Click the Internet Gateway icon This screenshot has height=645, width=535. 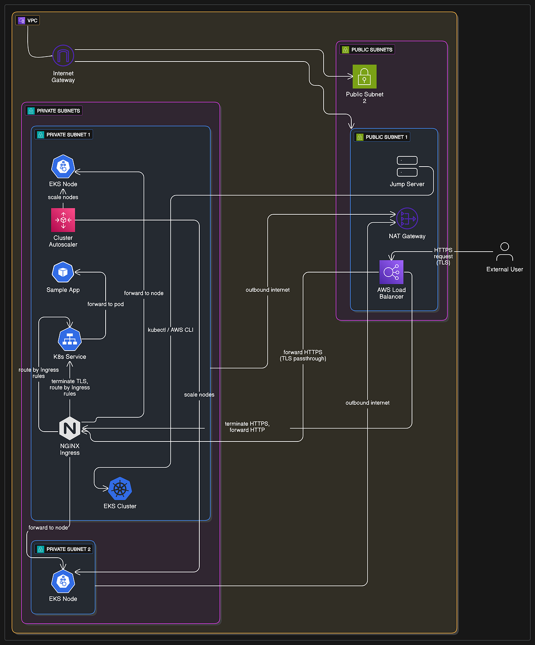(x=63, y=56)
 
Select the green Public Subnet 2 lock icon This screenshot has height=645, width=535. (x=364, y=77)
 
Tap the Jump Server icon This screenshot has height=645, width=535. (x=407, y=167)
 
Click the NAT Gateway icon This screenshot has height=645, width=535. (x=407, y=219)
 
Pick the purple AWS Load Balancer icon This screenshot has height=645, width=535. (x=391, y=272)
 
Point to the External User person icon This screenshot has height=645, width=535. (x=504, y=252)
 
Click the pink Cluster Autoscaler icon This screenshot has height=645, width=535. (x=63, y=220)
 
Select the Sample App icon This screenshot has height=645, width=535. (x=63, y=272)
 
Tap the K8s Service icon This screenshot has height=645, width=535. (x=70, y=339)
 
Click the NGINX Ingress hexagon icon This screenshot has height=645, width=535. (x=70, y=429)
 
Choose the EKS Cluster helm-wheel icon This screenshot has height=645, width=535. (x=120, y=489)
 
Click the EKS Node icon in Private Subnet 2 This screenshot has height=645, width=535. (x=63, y=581)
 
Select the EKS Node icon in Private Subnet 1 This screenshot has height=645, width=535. (x=63, y=167)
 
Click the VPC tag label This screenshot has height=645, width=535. (x=28, y=20)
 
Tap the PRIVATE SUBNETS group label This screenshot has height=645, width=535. (x=54, y=111)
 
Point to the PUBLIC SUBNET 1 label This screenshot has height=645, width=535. (x=382, y=137)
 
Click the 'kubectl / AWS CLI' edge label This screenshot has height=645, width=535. (x=171, y=330)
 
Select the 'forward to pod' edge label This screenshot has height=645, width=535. (x=106, y=304)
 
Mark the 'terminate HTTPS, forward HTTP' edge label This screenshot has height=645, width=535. (x=247, y=427)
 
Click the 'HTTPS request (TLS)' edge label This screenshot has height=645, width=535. (x=443, y=257)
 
